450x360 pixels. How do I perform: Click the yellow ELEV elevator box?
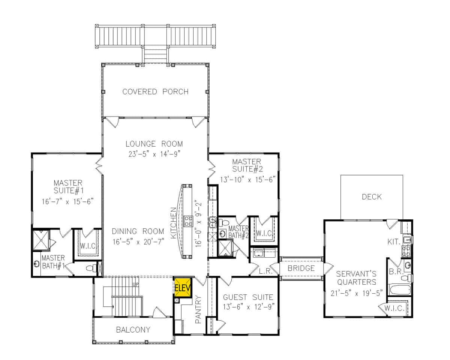coord(183,288)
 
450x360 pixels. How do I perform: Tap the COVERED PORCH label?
coord(155,92)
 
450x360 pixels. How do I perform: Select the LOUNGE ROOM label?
coord(154,144)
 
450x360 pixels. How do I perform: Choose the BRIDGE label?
coord(301,268)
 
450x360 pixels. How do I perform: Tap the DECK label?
coord(372,196)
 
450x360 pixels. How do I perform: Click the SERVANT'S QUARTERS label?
coord(356,277)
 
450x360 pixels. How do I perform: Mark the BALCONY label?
coord(133,330)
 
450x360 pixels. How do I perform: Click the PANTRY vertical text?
coord(199,309)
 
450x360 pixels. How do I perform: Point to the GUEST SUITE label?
coord(248,297)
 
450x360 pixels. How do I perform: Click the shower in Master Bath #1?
coord(40,240)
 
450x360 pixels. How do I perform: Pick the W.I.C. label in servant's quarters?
coord(394,309)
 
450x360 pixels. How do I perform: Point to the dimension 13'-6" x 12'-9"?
coord(248,306)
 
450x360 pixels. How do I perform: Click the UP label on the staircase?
coord(136,285)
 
